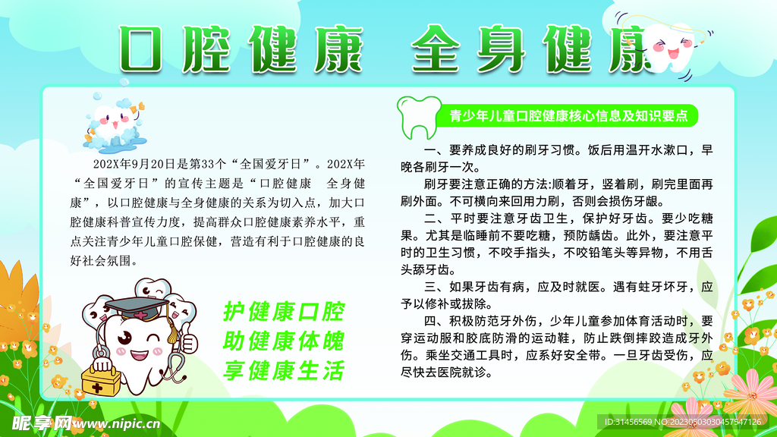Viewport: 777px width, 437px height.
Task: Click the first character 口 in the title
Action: [x=141, y=49]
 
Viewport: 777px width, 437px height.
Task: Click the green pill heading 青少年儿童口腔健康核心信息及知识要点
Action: [x=568, y=116]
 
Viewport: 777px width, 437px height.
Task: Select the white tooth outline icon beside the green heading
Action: [x=419, y=118]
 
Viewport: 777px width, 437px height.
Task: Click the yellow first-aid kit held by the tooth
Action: [x=101, y=381]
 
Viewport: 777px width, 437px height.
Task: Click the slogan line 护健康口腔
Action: [x=284, y=312]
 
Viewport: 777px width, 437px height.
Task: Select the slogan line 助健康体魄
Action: [x=284, y=341]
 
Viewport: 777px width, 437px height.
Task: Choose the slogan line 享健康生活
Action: [x=284, y=370]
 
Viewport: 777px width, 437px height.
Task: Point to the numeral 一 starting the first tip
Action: [x=429, y=149]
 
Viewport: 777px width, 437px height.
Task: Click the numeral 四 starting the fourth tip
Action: [x=429, y=321]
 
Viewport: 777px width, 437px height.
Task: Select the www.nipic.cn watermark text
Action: [x=117, y=424]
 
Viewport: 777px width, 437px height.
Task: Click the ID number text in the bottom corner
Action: [x=683, y=422]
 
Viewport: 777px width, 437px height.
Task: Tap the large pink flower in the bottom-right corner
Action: [x=751, y=395]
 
